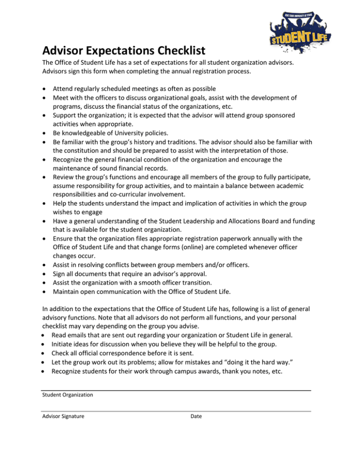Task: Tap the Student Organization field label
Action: click(x=67, y=395)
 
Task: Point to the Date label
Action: click(x=196, y=415)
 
